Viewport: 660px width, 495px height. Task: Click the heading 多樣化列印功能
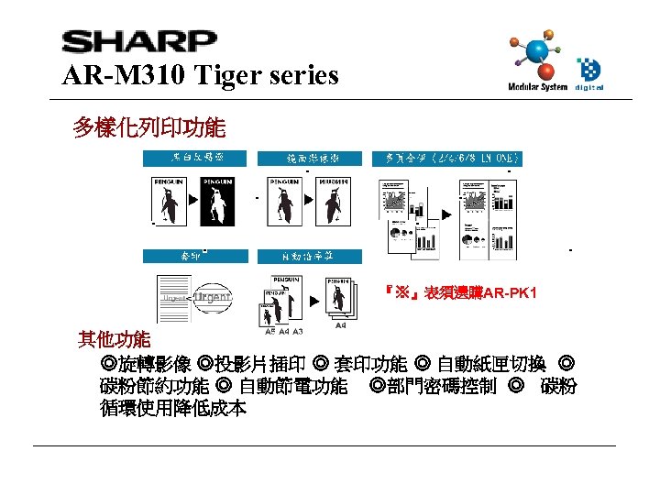point(148,126)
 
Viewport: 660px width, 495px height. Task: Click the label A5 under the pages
point(269,332)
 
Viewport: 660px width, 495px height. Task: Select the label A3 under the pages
point(298,332)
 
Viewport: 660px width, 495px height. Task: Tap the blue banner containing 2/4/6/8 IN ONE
point(448,159)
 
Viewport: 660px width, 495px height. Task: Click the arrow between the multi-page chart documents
point(446,214)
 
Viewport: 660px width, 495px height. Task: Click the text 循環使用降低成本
point(173,409)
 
